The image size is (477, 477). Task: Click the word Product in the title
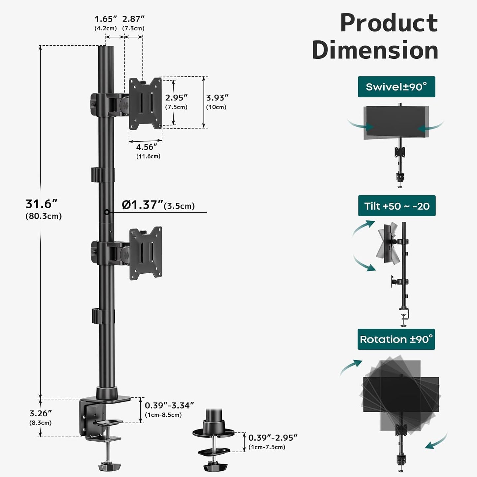point(389,23)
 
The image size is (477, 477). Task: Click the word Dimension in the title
point(375,51)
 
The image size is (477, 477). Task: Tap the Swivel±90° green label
point(396,87)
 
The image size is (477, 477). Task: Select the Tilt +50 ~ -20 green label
point(396,206)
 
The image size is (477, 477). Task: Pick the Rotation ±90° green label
point(396,339)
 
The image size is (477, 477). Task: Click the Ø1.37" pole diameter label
point(143,205)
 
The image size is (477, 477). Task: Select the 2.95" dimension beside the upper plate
point(176,98)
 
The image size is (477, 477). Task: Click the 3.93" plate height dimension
point(217,98)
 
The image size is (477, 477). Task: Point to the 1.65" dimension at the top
point(106,19)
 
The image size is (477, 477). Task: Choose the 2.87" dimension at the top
point(133,19)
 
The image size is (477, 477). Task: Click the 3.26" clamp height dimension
point(41,413)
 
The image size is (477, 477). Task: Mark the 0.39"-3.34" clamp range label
point(169,405)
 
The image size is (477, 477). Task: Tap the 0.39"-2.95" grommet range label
point(273,438)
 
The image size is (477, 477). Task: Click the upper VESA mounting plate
point(145,103)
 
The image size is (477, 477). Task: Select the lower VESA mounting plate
point(146,253)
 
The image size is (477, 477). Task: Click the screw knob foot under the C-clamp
point(110,466)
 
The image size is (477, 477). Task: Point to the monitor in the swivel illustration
point(396,122)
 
